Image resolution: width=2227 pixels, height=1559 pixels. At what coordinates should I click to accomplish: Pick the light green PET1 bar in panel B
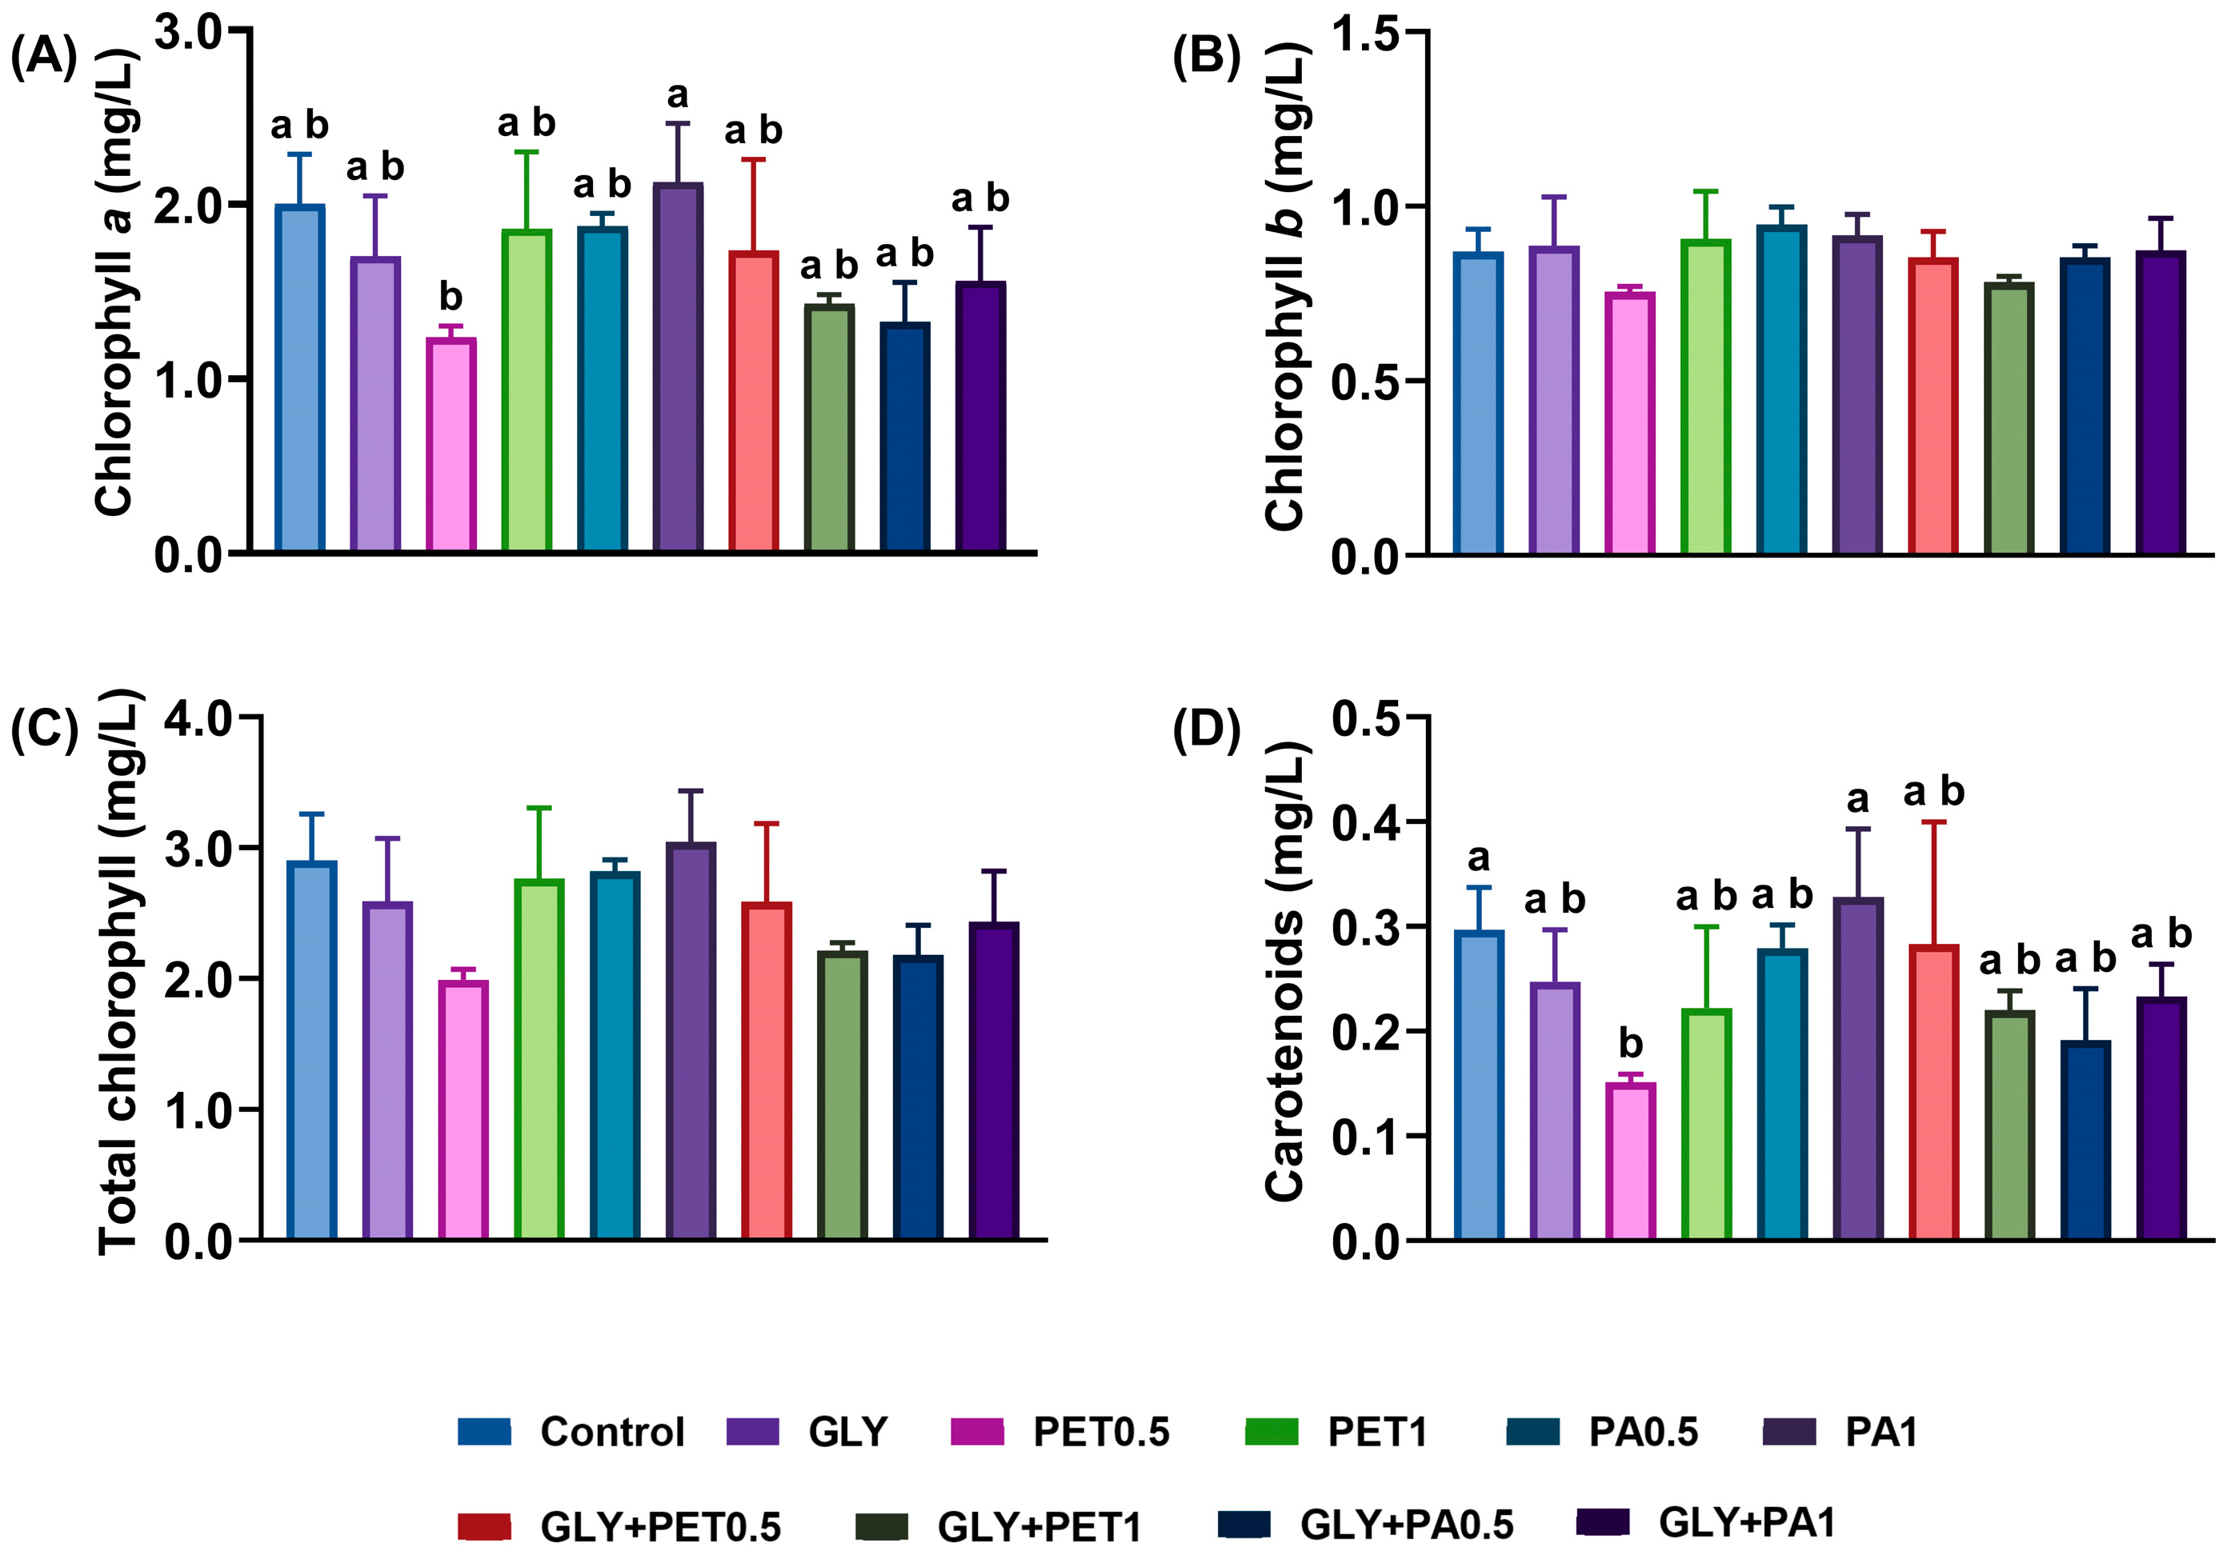point(1706,397)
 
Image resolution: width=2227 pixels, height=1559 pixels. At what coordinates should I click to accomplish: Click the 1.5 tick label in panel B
point(1366,34)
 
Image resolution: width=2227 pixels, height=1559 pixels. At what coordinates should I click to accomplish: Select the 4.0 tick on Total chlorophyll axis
point(198,718)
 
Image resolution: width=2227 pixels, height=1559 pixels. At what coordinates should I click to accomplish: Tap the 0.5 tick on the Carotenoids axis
point(1366,718)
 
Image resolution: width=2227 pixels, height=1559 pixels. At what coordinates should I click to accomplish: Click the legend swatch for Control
point(484,1432)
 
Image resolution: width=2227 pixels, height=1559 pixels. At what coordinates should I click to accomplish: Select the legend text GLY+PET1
point(1039,1527)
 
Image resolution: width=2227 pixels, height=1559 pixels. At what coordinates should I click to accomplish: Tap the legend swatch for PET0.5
point(977,1432)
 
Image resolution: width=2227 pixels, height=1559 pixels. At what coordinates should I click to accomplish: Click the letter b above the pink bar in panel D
point(1631,1043)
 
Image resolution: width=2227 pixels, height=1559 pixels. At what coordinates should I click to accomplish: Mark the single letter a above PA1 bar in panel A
point(678,95)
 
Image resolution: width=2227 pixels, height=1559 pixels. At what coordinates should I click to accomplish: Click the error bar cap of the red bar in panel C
point(767,823)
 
